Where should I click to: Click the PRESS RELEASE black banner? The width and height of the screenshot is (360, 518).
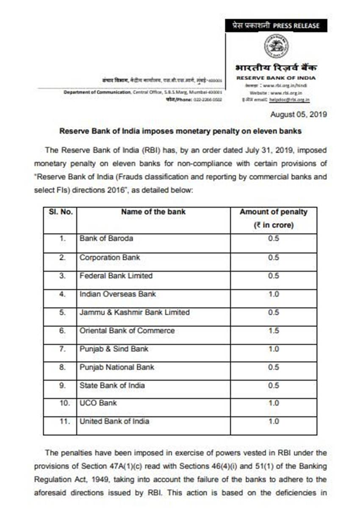[x=276, y=25]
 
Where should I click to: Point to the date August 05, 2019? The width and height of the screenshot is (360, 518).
[x=298, y=114]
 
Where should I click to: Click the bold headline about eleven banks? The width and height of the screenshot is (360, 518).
[x=180, y=131]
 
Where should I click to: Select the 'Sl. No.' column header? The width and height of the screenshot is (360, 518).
[x=60, y=212]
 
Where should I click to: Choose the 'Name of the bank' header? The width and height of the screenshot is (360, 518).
[x=153, y=212]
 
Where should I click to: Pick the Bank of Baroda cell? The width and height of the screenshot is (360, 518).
[x=106, y=238]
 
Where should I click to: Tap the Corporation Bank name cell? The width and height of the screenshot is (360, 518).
[x=110, y=258]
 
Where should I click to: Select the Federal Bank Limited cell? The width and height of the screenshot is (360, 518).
[x=116, y=276]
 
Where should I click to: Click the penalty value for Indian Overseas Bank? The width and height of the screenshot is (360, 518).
[x=274, y=294]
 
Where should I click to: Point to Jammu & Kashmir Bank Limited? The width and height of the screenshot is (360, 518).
[x=135, y=312]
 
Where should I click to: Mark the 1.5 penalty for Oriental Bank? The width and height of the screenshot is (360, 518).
[x=274, y=330]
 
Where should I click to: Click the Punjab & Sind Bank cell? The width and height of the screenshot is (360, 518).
[x=114, y=349]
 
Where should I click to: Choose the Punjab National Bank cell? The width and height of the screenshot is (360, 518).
[x=117, y=367]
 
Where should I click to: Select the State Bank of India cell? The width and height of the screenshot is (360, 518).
[x=112, y=385]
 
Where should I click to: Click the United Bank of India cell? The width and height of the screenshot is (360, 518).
[x=114, y=421]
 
